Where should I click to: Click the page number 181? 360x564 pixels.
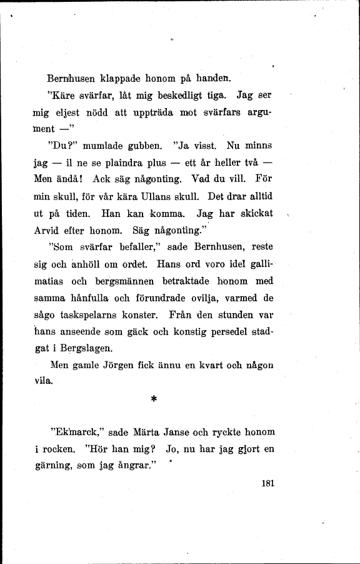pyautogui.click(x=267, y=483)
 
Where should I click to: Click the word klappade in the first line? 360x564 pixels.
pyautogui.click(x=119, y=79)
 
